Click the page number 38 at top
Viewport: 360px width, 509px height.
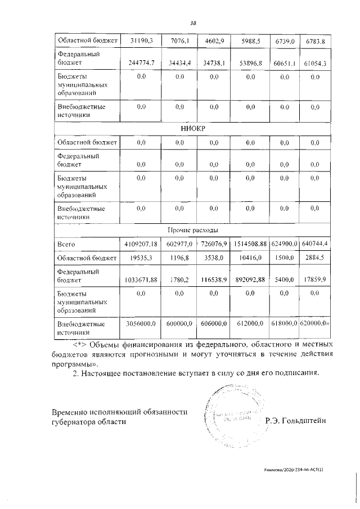pos(192,23)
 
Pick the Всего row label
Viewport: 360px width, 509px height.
pos(66,245)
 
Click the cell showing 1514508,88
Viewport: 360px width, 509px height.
pos(251,245)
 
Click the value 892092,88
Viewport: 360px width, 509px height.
pos(251,280)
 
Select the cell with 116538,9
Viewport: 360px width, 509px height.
pos(215,280)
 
